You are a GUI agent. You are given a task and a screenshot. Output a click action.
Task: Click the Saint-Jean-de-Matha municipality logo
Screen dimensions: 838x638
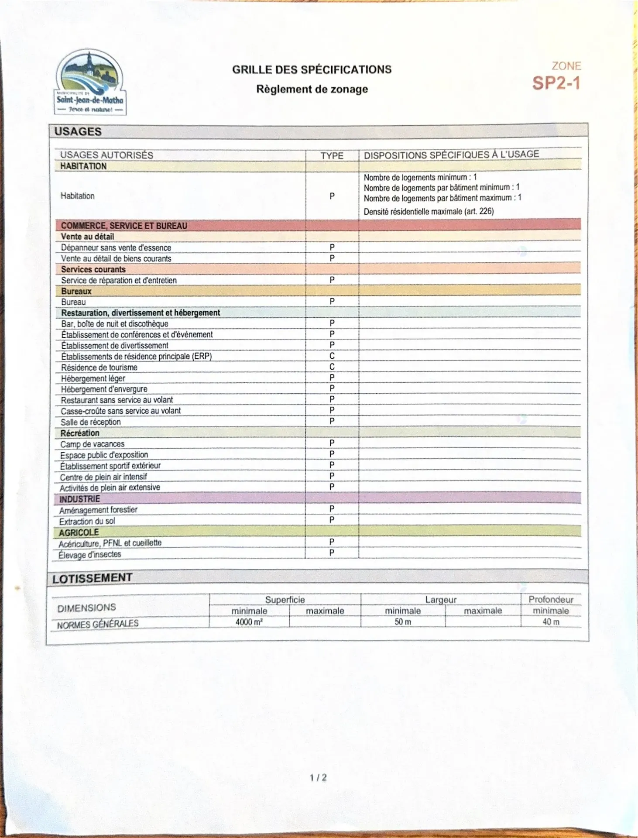pos(90,82)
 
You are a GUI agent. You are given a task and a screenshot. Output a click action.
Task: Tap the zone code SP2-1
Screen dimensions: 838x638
pos(556,82)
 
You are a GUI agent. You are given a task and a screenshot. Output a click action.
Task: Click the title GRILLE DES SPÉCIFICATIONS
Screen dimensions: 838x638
pos(312,69)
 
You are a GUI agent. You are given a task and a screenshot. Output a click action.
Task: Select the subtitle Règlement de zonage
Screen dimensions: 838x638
pos(312,89)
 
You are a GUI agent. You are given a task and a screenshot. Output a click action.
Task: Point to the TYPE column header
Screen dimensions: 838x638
pos(332,155)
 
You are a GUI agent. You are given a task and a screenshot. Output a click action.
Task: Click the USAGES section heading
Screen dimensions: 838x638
pos(78,131)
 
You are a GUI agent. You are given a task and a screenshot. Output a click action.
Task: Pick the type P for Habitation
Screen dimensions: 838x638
pos(332,196)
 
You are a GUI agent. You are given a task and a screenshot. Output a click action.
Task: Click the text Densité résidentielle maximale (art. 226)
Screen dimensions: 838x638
pos(429,212)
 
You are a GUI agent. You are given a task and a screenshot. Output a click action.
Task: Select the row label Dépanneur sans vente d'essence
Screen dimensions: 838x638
pos(116,247)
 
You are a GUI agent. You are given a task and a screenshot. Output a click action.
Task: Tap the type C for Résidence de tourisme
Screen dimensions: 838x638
pos(332,367)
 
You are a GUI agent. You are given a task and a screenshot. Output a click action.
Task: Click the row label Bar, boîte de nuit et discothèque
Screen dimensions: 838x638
pos(114,323)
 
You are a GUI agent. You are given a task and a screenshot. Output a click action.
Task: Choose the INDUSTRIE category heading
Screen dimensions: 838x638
pos(79,498)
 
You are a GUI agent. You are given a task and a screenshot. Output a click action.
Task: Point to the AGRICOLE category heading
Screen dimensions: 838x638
pos(79,532)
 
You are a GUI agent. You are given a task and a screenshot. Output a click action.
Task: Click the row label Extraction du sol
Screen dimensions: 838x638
pos(87,521)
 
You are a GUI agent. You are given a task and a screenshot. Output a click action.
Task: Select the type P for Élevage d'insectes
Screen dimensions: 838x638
pos(332,553)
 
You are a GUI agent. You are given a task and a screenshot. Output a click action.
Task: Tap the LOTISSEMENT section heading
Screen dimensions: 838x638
pos(92,578)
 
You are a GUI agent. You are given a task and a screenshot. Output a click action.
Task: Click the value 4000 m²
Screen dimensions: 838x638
pos(249,622)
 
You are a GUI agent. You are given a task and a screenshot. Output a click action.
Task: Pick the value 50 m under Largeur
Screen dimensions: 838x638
pos(403,622)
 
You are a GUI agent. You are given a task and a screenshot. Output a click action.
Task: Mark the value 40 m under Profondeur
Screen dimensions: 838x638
pos(551,622)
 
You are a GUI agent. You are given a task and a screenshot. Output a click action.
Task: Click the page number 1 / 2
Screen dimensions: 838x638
pos(318,777)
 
